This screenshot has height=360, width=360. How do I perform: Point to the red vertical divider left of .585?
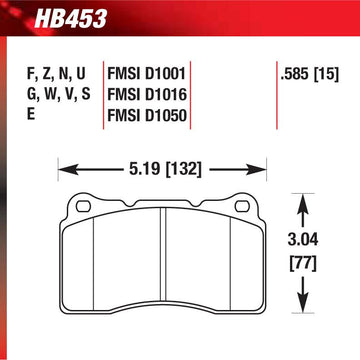(274, 85)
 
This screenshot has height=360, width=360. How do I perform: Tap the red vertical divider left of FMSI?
(102, 95)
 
